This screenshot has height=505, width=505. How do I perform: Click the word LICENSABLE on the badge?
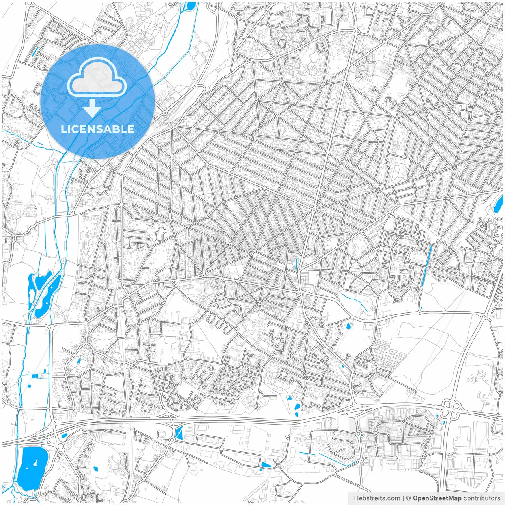coord(97,129)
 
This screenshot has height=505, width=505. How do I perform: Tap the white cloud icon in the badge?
coord(97,79)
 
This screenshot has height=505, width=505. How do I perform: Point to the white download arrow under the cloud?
coord(92,108)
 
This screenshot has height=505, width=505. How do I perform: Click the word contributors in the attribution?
coord(481,498)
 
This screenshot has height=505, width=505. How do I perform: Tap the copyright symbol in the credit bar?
coord(409,498)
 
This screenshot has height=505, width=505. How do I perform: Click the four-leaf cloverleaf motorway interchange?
coord(452,409)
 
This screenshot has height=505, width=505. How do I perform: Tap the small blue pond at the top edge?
coord(191,6)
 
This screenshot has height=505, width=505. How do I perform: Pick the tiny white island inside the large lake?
coord(36,462)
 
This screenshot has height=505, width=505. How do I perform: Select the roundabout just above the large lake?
coord(60,446)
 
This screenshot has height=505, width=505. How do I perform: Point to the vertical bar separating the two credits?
coord(403,498)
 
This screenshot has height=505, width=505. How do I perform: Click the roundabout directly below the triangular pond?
coord(172,440)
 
